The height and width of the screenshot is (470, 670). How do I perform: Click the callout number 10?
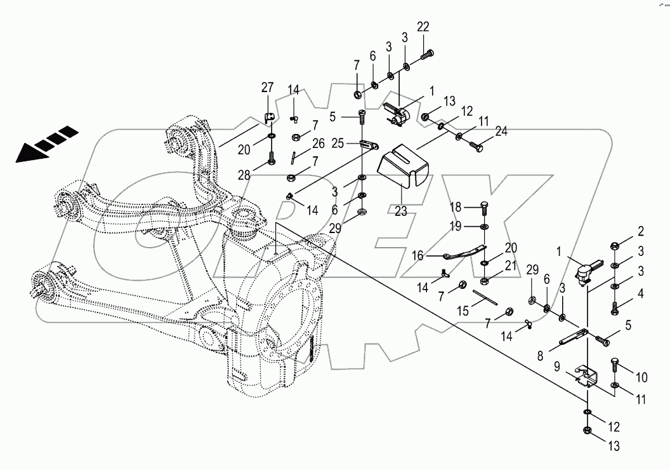coord(641,378)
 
